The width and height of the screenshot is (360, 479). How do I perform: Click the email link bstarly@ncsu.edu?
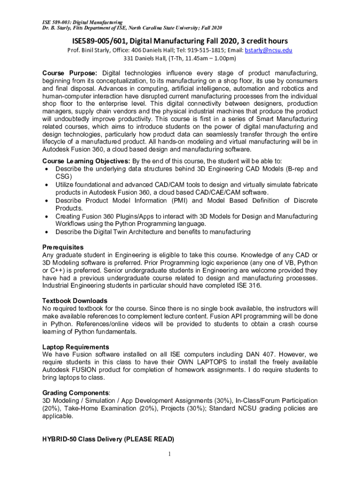click(x=269, y=50)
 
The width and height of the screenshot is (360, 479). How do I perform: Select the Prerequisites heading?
click(x=63, y=247)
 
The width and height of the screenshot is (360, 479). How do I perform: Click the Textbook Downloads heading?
click(x=75, y=301)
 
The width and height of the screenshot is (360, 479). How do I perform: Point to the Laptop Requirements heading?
click(x=76, y=347)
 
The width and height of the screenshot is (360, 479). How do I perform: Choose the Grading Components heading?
click(x=76, y=393)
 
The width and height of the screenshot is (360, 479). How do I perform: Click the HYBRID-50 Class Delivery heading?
click(x=108, y=439)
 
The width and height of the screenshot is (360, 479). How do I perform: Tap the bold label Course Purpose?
click(x=70, y=73)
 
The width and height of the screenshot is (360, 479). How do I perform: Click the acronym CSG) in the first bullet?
click(x=64, y=176)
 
